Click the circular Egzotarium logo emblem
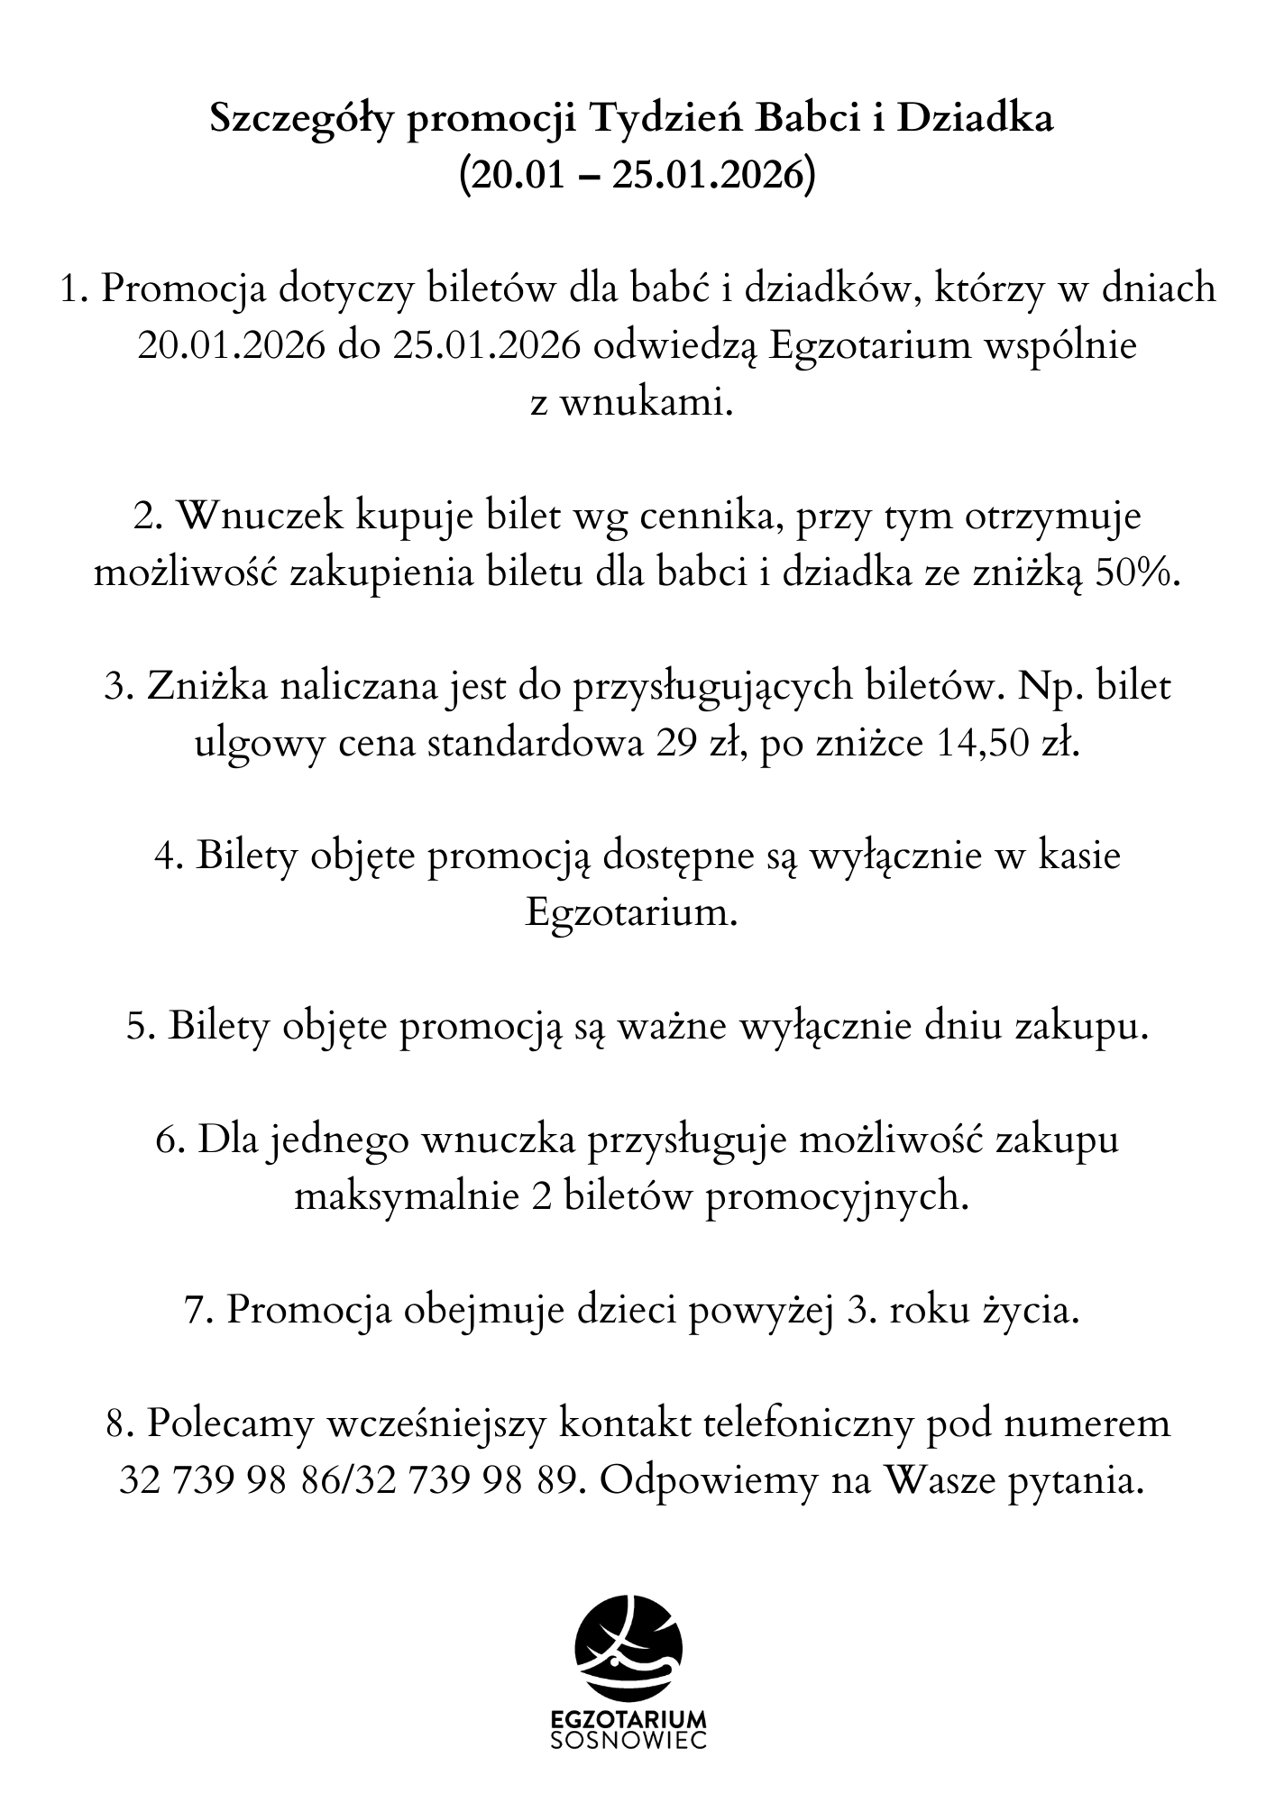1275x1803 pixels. coord(629,1646)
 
